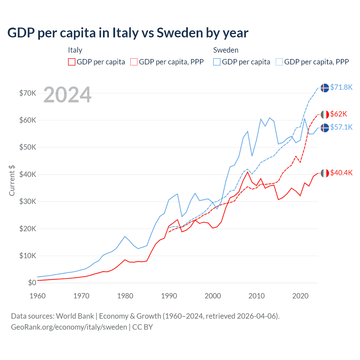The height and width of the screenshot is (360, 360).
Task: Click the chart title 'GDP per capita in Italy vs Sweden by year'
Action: click(128, 33)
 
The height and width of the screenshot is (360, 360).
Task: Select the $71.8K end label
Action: click(341, 87)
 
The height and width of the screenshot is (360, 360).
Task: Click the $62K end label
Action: click(338, 114)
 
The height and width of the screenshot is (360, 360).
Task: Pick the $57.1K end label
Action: click(341, 127)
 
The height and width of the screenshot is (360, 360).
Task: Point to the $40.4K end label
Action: click(341, 173)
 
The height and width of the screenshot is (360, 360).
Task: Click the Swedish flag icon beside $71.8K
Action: click(325, 88)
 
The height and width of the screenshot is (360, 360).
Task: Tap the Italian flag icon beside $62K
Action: click(325, 114)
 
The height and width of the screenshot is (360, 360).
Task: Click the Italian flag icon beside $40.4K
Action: click(325, 173)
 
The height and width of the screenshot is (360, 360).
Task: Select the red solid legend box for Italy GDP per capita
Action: click(72, 62)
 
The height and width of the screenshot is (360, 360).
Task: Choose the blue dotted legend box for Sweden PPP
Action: click(279, 62)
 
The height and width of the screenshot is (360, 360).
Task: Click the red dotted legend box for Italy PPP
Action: click(134, 62)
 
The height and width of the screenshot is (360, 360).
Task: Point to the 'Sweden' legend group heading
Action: click(226, 50)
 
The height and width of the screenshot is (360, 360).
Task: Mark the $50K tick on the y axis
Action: click(28, 147)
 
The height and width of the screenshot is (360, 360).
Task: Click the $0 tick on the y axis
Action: click(32, 283)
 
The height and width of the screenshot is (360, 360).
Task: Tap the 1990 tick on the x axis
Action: click(169, 296)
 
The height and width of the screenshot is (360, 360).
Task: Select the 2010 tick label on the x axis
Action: click(256, 296)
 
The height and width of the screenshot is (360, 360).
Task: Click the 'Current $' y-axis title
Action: click(12, 181)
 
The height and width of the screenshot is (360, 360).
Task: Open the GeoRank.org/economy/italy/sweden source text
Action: click(69, 327)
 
